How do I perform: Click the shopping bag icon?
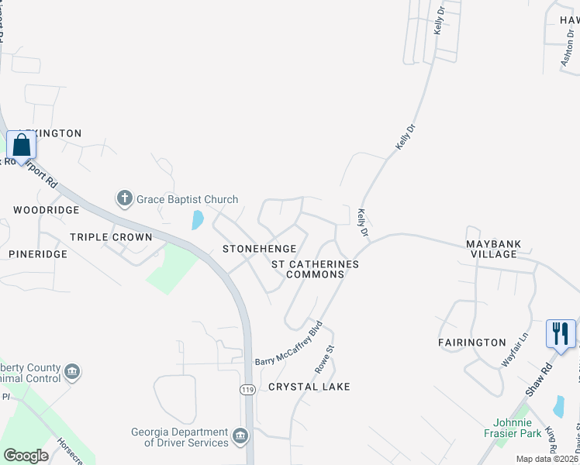[21, 146]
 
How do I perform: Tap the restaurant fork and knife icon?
[561, 334]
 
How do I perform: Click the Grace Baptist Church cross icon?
[124, 199]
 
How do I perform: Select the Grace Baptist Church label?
[187, 200]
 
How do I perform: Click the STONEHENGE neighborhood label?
[259, 249]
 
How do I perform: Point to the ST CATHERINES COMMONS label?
[315, 269]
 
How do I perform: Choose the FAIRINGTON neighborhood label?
[471, 343]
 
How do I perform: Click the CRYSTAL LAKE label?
[309, 387]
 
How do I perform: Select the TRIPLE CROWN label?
[111, 237]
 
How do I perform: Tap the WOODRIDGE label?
[47, 210]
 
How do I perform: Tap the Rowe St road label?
[330, 358]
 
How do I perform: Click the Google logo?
[26, 456]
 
